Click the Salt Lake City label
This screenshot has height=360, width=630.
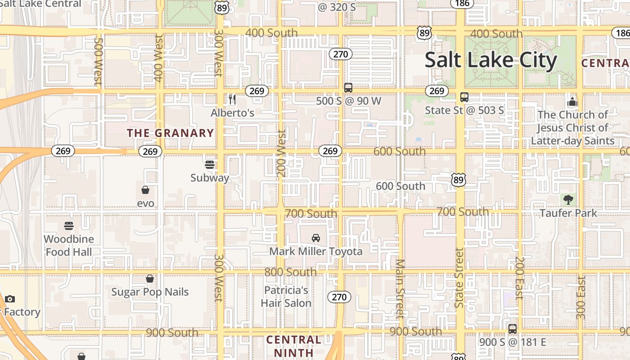(x=490, y=60)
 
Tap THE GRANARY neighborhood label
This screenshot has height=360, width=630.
(x=170, y=133)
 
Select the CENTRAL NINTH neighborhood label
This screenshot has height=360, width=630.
(x=294, y=346)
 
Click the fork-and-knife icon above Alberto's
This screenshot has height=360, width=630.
(x=232, y=99)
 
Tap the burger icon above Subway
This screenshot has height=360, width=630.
(x=210, y=164)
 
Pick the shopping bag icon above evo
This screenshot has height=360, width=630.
(x=145, y=190)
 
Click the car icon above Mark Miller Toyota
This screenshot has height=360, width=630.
(x=316, y=238)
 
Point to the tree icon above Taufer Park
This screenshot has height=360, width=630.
(x=568, y=199)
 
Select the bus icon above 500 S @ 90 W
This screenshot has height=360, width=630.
(x=348, y=88)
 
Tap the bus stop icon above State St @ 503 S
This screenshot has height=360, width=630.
(x=464, y=97)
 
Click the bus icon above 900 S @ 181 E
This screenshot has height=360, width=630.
(x=513, y=329)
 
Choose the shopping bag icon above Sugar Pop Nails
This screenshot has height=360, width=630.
(x=150, y=279)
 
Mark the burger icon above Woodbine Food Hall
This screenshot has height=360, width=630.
(x=69, y=225)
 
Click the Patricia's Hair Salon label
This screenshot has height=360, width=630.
(x=286, y=297)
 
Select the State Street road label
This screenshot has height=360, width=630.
(x=459, y=278)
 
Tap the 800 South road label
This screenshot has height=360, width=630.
(x=290, y=272)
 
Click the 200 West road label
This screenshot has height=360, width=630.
(x=282, y=153)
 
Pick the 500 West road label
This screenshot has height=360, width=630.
(x=98, y=61)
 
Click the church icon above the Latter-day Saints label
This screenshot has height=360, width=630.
(x=572, y=102)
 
